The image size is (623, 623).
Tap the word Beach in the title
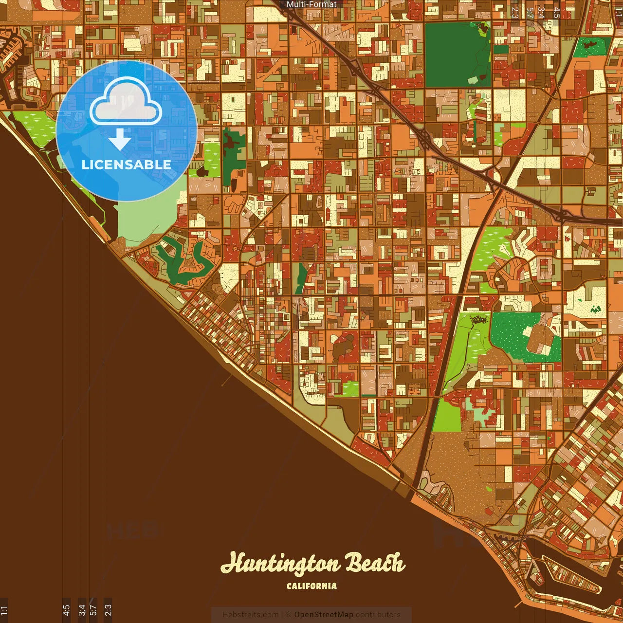coord(375,564)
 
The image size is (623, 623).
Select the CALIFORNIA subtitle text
coord(311,586)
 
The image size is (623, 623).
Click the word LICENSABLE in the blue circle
coord(127,165)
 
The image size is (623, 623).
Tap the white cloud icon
coord(126,101)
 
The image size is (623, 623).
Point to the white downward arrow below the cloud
coord(120,140)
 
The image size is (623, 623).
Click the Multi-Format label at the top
coord(311,4)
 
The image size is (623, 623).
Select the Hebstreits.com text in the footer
coord(250,615)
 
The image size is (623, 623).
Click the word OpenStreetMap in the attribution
coord(324,615)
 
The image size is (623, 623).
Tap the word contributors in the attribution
coord(378,615)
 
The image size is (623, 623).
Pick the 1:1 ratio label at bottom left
coord(4,610)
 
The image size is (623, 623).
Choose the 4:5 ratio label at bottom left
coord(66,610)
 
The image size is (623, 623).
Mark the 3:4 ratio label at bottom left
coord(82,610)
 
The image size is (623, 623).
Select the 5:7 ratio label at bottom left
coord(93,610)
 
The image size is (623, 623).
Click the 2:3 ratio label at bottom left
coord(108,610)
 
